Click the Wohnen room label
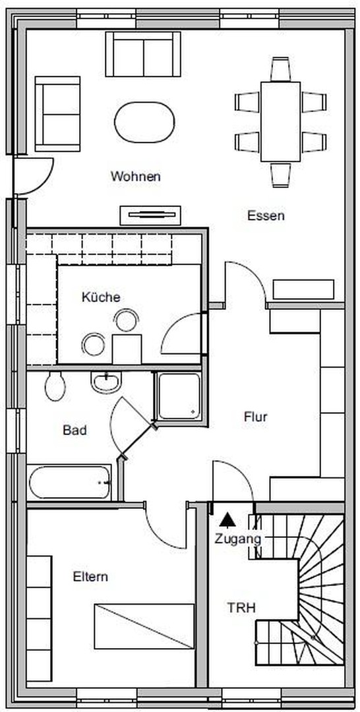coord(135,176)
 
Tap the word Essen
coord(266,216)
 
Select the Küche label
coord(102,297)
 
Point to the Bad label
coord(75,430)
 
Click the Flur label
coord(256,417)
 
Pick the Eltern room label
coord(90,577)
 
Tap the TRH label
coord(241,608)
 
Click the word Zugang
coord(238,539)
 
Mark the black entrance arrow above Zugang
coord(227,519)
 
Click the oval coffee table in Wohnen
coord(145,122)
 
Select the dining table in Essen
coord(281,122)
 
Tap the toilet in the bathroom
coord(55,386)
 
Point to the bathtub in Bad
coord(69,482)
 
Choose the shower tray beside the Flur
coord(179,396)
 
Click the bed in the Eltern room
coord(144,626)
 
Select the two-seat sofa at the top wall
coord(143,54)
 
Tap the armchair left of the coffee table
coord(57,114)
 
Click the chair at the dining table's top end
coord(281,69)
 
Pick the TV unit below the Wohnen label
coord(150,215)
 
